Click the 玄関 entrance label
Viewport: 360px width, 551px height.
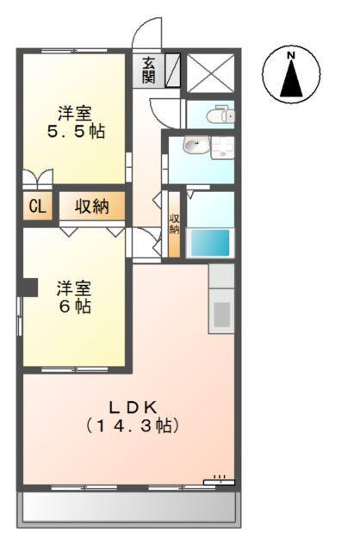click(x=149, y=71)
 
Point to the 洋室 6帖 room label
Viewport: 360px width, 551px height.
click(x=73, y=296)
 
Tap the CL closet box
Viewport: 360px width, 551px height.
click(x=36, y=207)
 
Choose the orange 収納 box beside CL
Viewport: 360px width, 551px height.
click(x=91, y=207)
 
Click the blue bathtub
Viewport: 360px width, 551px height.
click(x=211, y=242)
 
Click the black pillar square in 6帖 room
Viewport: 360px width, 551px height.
click(x=29, y=287)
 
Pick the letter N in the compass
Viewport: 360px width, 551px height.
click(x=291, y=57)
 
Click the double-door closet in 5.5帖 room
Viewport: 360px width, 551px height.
click(x=39, y=179)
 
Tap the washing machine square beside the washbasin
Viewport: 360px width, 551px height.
click(x=222, y=147)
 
